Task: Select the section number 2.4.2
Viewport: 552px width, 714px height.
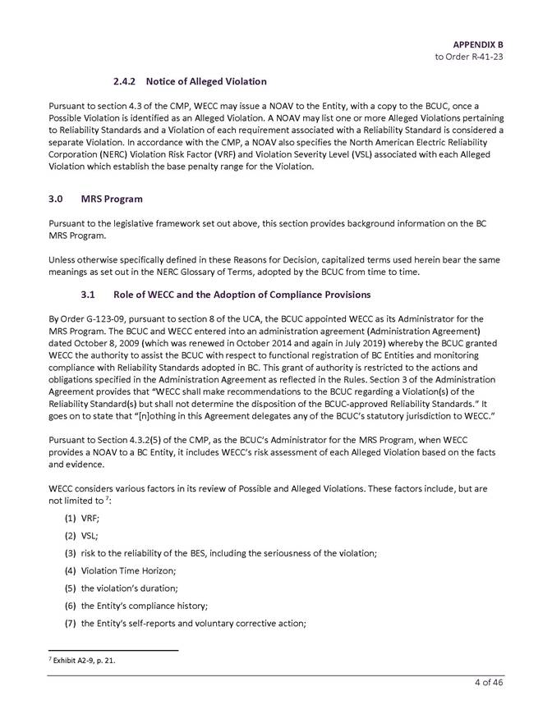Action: point(126,82)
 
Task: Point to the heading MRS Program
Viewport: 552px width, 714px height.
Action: point(113,199)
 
